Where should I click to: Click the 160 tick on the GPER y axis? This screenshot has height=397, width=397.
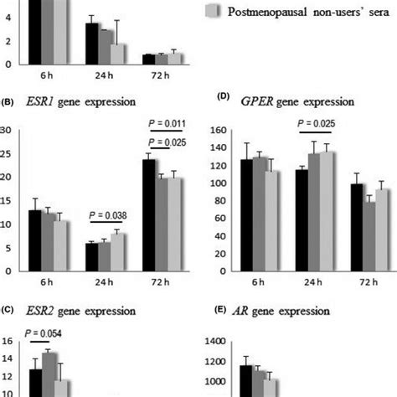click(x=219, y=131)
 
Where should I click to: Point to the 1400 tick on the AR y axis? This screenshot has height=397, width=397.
click(x=215, y=342)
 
